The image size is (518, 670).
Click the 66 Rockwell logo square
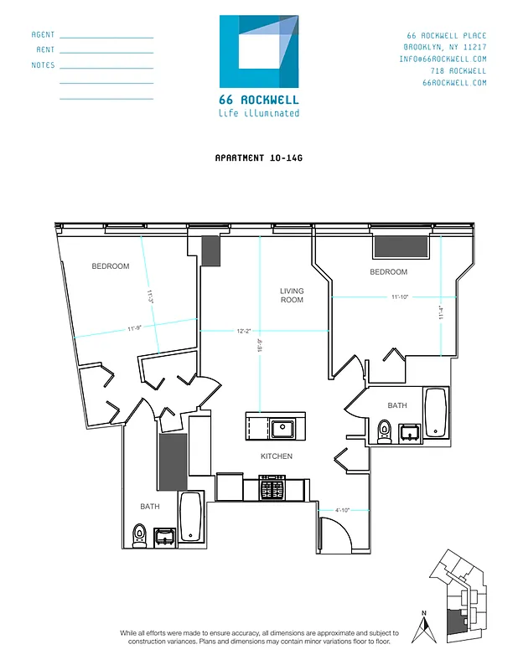pos(259,51)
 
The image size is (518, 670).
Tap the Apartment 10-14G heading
pos(258,157)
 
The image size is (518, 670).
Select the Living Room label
pos(292,295)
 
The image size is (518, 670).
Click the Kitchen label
pos(277,456)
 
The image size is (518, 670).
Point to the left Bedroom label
pos(111,266)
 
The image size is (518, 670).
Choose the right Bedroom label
pos(389,272)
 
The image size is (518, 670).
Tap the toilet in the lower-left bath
pos(139,533)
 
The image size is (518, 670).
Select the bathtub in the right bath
pos(435,412)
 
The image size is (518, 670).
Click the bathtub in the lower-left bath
pos(190,518)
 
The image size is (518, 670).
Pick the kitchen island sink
pos(282,430)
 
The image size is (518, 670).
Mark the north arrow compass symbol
pos(425,627)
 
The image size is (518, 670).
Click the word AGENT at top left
pos(43,35)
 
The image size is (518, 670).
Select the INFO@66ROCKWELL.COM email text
pos(443,59)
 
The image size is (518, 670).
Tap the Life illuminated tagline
pos(258,114)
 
